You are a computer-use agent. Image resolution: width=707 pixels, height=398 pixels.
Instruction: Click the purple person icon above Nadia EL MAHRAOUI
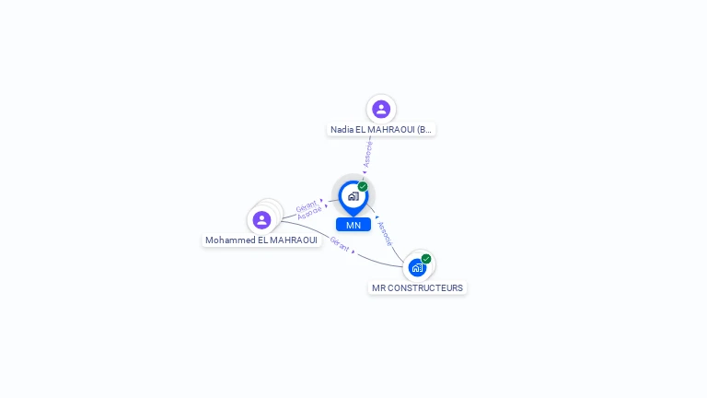[381, 110]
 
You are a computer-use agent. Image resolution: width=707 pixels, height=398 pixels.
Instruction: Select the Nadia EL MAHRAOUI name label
[381, 130]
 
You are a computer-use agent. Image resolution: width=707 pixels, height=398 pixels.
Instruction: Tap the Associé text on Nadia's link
[368, 153]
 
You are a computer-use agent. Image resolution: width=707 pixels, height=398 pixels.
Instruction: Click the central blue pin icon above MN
[353, 196]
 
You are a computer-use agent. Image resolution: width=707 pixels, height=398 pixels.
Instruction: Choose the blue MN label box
[353, 225]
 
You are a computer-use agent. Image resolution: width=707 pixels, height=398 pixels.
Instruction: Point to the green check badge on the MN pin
[363, 187]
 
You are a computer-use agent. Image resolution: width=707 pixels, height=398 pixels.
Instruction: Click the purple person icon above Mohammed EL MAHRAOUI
[261, 220]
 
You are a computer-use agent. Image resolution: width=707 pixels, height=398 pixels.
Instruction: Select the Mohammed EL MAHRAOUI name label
[261, 240]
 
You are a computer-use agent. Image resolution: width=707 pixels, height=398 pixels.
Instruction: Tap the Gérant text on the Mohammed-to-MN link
[306, 205]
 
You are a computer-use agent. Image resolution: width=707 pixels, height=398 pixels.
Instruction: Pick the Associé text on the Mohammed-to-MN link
[309, 213]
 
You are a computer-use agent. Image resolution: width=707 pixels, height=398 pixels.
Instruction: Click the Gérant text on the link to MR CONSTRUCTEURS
[340, 244]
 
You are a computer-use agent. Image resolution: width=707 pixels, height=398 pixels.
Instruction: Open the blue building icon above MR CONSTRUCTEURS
[417, 268]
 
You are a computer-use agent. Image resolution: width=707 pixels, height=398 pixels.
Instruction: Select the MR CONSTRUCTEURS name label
[418, 288]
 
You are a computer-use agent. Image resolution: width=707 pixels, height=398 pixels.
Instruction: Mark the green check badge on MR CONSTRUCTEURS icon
[426, 259]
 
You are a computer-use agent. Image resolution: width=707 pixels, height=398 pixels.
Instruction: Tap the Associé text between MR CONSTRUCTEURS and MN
[385, 233]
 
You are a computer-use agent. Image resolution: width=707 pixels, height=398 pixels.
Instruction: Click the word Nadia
[342, 130]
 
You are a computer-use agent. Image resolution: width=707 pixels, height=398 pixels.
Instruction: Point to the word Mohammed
[227, 240]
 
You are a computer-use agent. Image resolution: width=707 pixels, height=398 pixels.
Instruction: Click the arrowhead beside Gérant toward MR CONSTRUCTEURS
[353, 252]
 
